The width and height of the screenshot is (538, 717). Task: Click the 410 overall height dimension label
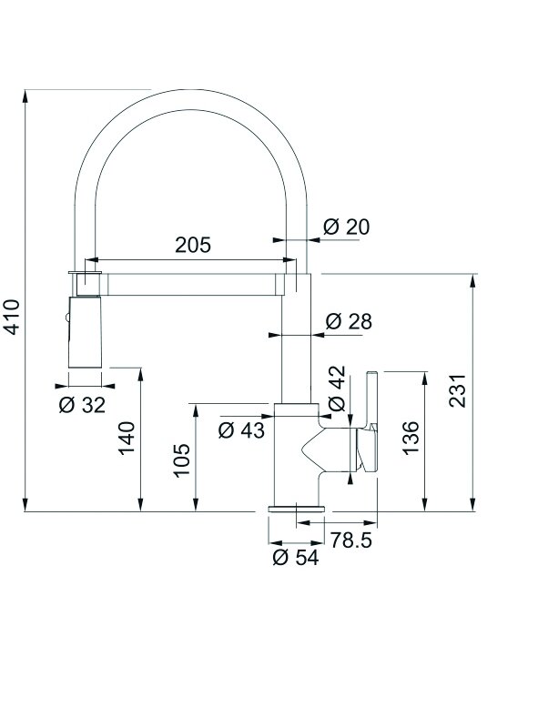(x=13, y=317)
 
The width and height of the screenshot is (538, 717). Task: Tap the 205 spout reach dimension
(x=193, y=245)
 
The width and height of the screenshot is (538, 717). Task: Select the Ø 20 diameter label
(x=346, y=227)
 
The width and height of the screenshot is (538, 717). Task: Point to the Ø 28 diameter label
(x=349, y=321)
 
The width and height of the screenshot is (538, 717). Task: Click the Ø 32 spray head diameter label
(x=82, y=404)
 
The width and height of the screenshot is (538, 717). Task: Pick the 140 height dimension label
(x=127, y=438)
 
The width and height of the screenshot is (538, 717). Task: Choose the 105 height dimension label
(x=182, y=460)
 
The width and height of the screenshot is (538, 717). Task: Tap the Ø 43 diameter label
(x=241, y=429)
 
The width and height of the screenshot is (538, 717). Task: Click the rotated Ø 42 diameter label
(x=337, y=389)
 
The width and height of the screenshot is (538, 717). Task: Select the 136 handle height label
(x=411, y=438)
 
